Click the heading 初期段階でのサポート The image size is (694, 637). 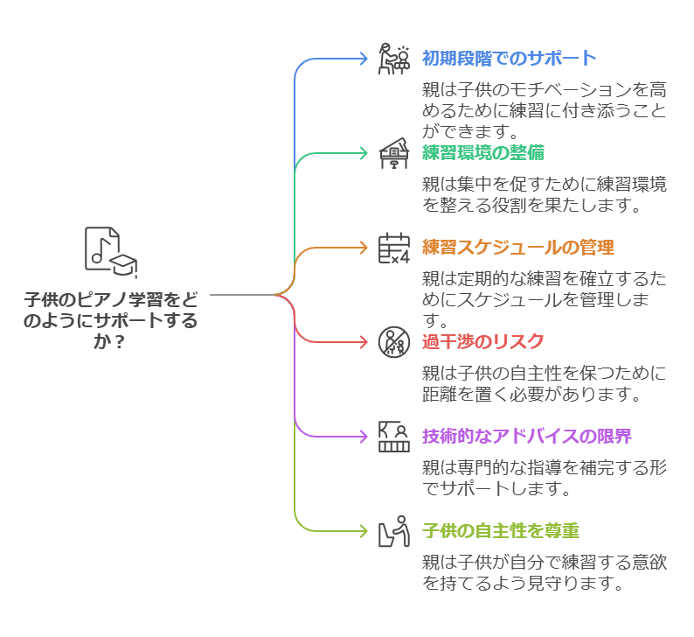509,59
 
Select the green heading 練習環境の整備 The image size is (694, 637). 482,153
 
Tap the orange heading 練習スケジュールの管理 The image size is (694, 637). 517,247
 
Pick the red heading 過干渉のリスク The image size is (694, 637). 482,341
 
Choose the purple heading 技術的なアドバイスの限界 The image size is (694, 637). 526,436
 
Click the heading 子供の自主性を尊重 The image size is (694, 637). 500,530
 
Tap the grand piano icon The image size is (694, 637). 393,154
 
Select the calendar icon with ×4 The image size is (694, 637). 393,248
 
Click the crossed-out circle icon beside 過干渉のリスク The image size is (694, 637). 393,342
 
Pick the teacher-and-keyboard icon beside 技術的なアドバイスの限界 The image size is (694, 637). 393,436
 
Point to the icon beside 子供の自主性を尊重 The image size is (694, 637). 393,530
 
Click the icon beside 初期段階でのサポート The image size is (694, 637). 393,59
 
